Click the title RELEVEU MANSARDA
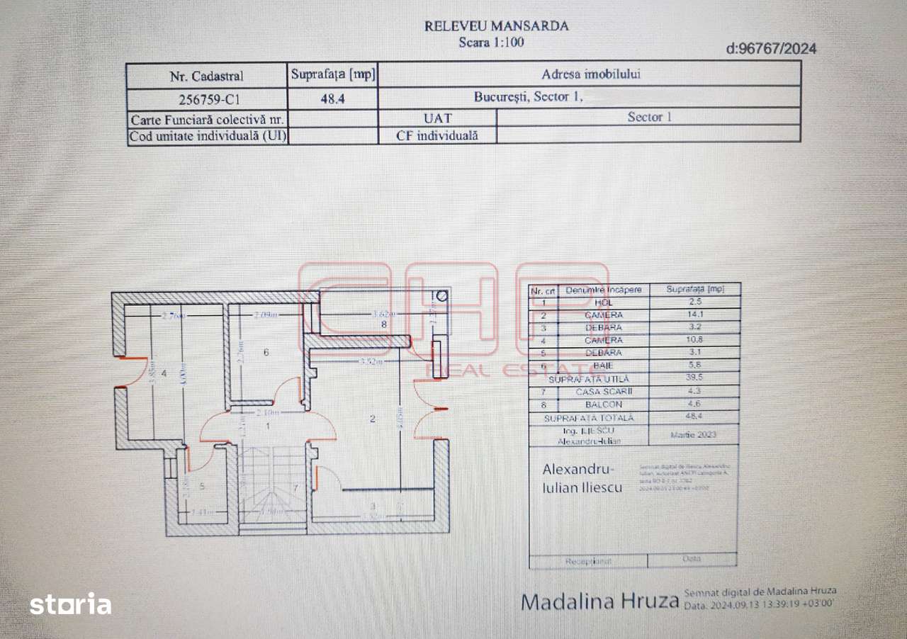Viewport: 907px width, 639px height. [x=496, y=26]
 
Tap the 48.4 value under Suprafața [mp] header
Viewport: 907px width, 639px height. [x=333, y=99]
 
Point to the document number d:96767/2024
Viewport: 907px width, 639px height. [x=771, y=49]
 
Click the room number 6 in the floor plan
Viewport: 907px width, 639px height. [x=266, y=351]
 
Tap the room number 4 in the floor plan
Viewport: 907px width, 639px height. [x=164, y=373]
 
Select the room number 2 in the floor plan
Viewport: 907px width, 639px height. [x=373, y=418]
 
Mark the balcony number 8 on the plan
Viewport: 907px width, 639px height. [x=384, y=324]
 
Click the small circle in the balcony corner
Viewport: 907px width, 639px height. [x=443, y=297]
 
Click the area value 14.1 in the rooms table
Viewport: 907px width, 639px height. [x=694, y=315]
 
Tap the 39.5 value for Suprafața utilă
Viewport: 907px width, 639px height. [x=694, y=378]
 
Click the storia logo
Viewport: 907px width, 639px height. [x=70, y=604]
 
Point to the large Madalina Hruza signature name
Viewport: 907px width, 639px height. [x=599, y=601]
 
